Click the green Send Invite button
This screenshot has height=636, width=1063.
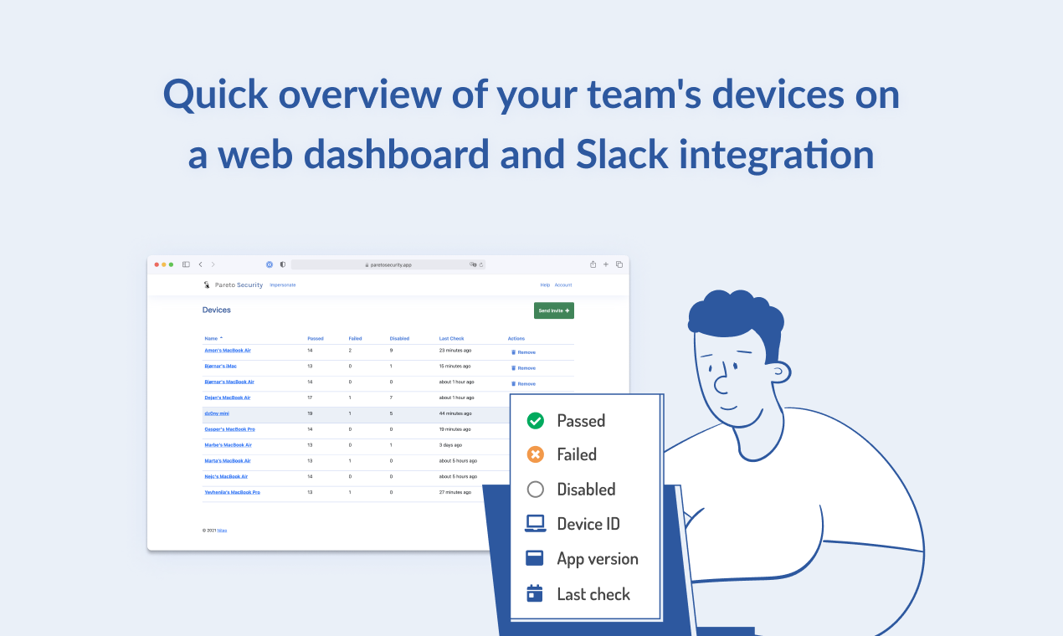[553, 310]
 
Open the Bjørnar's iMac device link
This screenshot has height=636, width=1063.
[220, 367]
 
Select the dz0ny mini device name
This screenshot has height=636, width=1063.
[217, 413]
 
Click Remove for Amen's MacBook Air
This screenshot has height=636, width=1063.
[523, 352]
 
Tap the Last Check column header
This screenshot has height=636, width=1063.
[451, 339]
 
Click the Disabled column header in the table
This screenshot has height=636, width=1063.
[399, 339]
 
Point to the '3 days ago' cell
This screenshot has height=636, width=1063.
[450, 445]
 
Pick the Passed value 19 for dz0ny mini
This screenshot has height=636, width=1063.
[310, 413]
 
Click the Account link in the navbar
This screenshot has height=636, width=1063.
[562, 285]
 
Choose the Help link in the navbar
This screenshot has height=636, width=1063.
[545, 285]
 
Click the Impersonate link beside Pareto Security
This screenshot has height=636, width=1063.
[282, 285]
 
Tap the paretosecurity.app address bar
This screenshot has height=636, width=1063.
[388, 264]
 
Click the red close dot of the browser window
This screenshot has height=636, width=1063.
[157, 264]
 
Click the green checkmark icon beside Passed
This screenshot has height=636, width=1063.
[536, 421]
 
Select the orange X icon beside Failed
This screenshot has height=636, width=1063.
[536, 454]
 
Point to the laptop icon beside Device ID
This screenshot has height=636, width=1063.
[536, 524]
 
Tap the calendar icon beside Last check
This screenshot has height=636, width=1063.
[535, 593]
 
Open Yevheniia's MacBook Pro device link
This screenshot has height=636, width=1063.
[232, 492]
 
